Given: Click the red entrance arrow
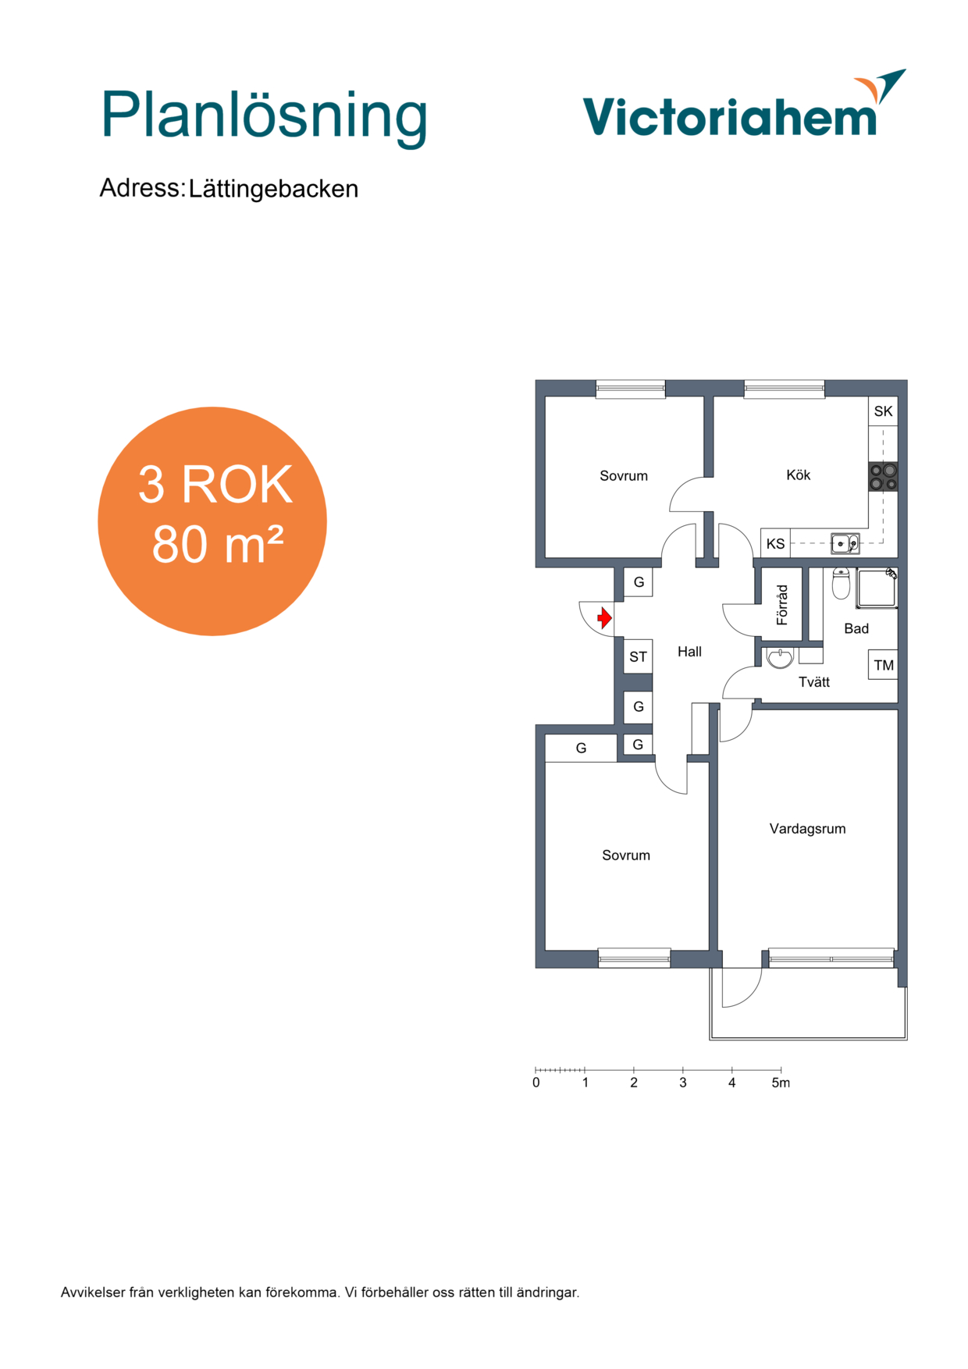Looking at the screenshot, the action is (604, 618).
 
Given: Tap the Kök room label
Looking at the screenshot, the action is (798, 475).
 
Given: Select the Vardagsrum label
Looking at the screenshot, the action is (807, 829).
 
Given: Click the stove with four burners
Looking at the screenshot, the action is (883, 477).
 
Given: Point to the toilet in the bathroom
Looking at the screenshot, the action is (841, 582).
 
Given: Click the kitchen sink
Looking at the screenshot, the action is (845, 542).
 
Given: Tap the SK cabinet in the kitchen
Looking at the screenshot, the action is (883, 411).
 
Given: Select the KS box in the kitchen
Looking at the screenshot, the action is (775, 543).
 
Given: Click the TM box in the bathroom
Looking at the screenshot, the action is (883, 665).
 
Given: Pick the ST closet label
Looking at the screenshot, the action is (638, 657).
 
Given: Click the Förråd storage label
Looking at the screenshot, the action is (782, 605).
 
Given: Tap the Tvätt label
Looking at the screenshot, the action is (813, 682).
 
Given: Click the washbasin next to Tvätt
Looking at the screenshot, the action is (780, 658).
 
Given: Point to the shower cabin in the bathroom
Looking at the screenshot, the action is (877, 588).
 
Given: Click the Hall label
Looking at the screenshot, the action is (689, 652).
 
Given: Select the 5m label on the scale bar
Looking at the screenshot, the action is (781, 1083).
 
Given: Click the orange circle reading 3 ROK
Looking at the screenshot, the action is (212, 521).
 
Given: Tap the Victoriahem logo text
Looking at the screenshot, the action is (730, 117).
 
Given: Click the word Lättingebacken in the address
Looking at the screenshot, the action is (273, 189).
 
